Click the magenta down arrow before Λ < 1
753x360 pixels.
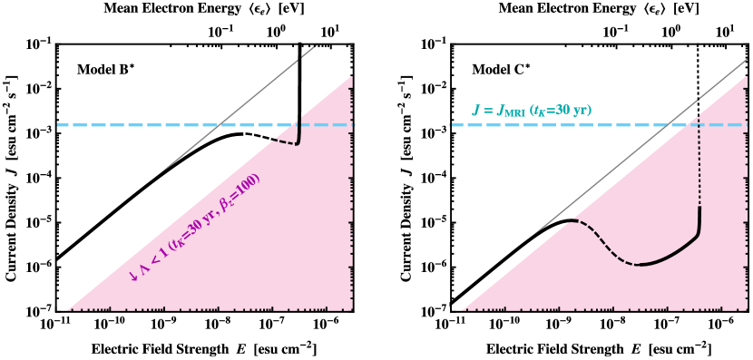click(x=133, y=275)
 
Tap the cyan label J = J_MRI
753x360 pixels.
click(x=498, y=111)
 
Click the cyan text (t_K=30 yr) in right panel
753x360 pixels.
click(x=561, y=111)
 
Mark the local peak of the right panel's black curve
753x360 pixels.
click(x=570, y=220)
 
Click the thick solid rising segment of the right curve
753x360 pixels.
click(x=676, y=250)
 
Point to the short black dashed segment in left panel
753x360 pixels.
click(x=285, y=141)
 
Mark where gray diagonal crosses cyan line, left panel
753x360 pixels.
click(x=219, y=125)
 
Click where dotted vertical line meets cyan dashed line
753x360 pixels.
click(x=699, y=125)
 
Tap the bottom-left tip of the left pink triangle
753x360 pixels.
click(x=66, y=311)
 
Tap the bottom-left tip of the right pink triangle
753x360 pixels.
click(x=461, y=311)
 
